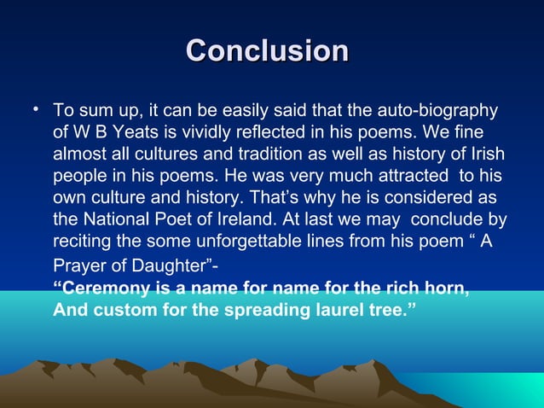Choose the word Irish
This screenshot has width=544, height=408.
coord(484,154)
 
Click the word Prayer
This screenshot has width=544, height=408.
coord(79,265)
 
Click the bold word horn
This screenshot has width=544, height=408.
coord(449,288)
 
